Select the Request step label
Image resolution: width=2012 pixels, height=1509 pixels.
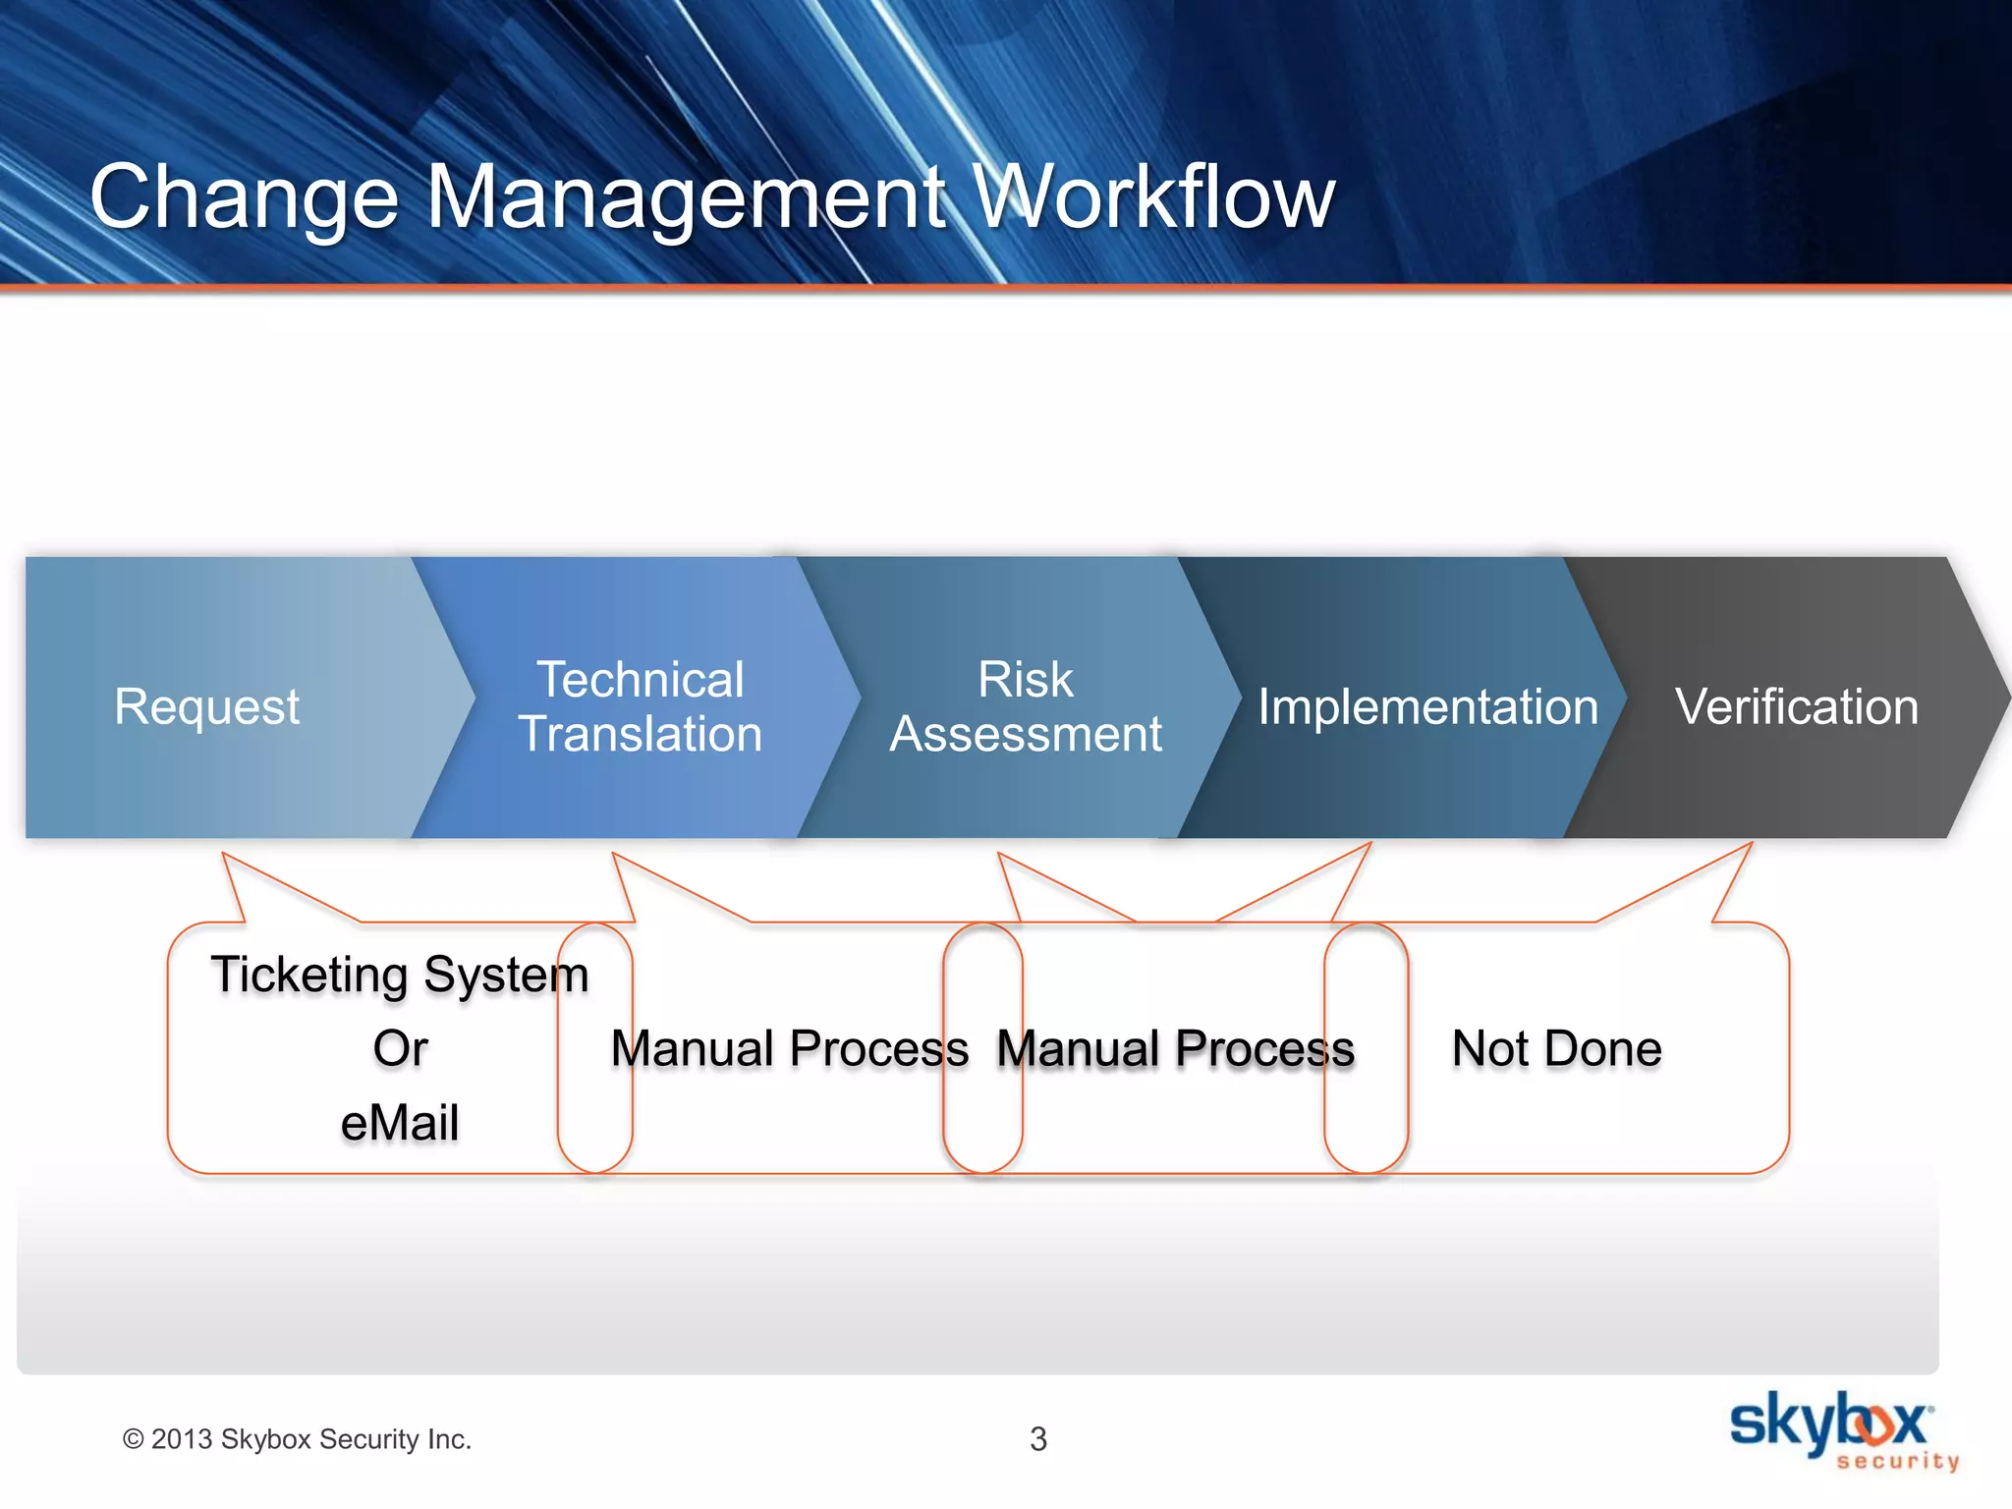click(206, 706)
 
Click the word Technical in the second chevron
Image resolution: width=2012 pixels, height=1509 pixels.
click(641, 680)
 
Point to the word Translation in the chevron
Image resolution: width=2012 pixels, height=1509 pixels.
click(641, 734)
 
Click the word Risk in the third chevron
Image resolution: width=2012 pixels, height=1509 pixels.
click(1026, 680)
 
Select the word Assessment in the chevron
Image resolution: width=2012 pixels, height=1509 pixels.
click(1026, 734)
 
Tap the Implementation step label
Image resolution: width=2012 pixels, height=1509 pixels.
click(1427, 707)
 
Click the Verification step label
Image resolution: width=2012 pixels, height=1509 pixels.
click(1797, 707)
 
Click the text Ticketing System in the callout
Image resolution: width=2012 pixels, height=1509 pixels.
click(400, 975)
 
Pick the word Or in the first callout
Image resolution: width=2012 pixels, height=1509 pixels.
click(400, 1048)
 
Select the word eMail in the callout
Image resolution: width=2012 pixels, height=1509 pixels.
click(400, 1123)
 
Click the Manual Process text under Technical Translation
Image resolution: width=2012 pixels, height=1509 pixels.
click(790, 1048)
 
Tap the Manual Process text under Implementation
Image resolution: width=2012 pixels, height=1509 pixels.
click(1176, 1048)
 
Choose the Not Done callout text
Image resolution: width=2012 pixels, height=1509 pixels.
click(1557, 1048)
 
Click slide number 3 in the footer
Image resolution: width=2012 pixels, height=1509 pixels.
click(1038, 1439)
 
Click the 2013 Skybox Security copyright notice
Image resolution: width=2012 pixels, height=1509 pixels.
click(297, 1439)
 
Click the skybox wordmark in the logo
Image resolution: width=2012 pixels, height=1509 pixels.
click(1829, 1421)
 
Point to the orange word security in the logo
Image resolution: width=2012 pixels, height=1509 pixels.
click(1897, 1461)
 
